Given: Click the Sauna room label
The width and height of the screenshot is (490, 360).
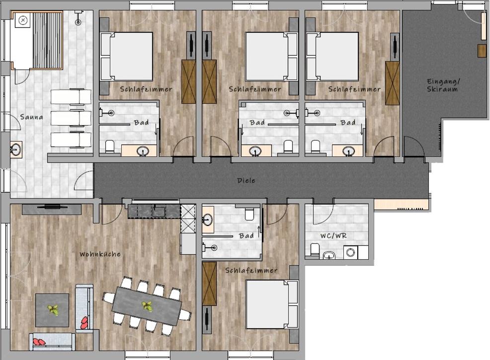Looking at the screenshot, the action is [x=31, y=117].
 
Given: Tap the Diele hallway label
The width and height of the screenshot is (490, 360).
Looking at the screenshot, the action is [x=246, y=180].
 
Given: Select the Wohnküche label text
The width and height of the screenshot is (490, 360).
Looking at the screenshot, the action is [x=100, y=254].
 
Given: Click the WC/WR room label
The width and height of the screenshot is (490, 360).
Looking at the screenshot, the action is [x=334, y=236].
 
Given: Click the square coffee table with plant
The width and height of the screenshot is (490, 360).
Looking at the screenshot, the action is [x=52, y=310].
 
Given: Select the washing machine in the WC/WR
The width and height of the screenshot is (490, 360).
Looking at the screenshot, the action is [x=351, y=252].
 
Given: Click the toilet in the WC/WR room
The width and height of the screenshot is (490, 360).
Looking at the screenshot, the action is [x=315, y=250].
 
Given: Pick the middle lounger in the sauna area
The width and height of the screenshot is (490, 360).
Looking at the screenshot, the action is [x=71, y=118].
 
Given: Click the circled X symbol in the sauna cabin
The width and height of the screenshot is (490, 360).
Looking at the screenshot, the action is [x=23, y=21].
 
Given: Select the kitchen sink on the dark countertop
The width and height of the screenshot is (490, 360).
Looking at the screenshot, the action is [x=159, y=212].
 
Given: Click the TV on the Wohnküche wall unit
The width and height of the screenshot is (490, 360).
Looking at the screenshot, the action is [x=52, y=207].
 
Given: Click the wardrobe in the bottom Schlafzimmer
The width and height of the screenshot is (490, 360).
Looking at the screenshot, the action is [x=209, y=284].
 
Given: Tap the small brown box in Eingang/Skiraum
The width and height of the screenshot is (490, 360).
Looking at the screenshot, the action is [x=482, y=51].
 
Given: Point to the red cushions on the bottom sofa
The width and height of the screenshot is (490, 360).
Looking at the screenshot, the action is [x=39, y=342].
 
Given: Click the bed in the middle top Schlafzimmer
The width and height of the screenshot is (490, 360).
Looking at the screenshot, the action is [x=271, y=57].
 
